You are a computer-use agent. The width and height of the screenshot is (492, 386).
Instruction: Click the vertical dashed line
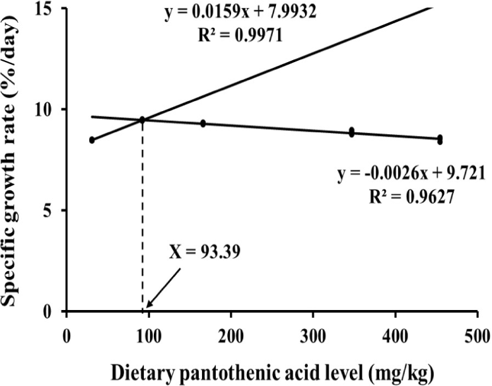143,218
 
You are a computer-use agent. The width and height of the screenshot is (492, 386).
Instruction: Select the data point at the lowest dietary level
92,140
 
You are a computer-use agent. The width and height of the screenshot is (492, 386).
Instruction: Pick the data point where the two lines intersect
142,120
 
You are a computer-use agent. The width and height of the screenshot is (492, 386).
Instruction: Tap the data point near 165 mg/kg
203,124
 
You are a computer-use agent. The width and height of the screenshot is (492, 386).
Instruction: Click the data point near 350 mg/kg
352,132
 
